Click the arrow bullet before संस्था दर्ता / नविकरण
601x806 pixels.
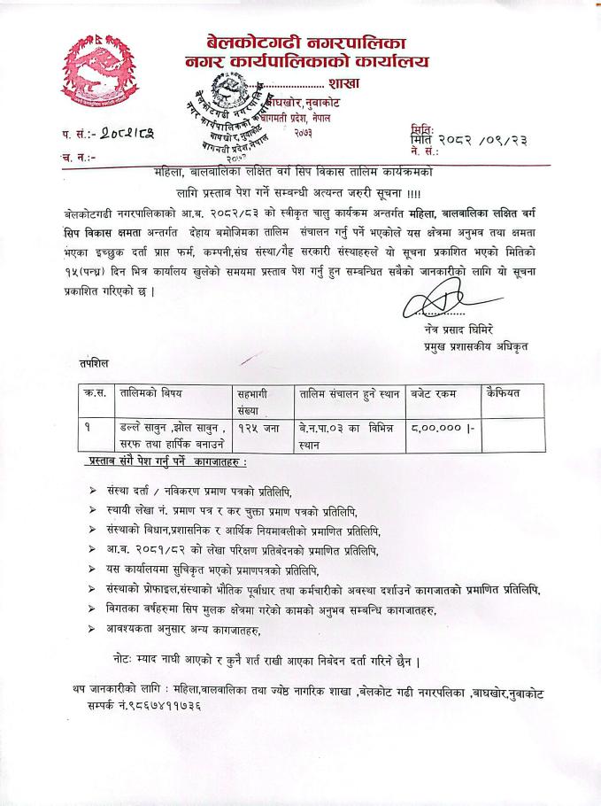click(x=92, y=491)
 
